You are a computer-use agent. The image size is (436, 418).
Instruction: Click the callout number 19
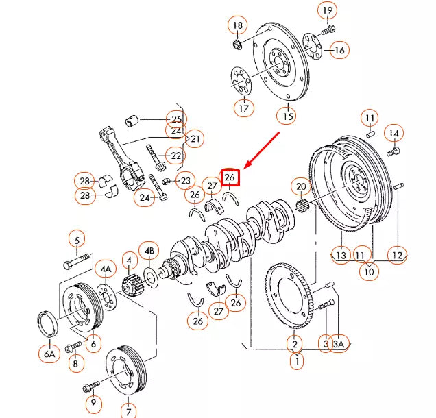click(328, 10)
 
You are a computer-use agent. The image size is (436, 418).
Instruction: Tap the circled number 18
click(238, 27)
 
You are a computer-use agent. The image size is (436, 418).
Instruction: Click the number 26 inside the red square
click(230, 177)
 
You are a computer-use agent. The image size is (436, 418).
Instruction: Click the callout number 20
click(300, 186)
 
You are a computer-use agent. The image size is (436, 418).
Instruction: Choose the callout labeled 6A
click(49, 354)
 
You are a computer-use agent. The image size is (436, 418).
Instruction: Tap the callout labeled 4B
click(149, 251)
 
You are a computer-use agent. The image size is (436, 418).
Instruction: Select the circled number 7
click(129, 411)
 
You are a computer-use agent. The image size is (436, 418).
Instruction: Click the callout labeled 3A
click(338, 344)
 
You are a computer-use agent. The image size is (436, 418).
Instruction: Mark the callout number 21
click(196, 140)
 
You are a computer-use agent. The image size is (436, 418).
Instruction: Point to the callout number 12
click(397, 255)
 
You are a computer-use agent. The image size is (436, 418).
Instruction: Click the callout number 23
click(186, 182)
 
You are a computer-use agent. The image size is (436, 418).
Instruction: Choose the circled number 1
click(296, 360)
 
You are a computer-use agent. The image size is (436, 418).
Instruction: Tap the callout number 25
click(176, 119)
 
